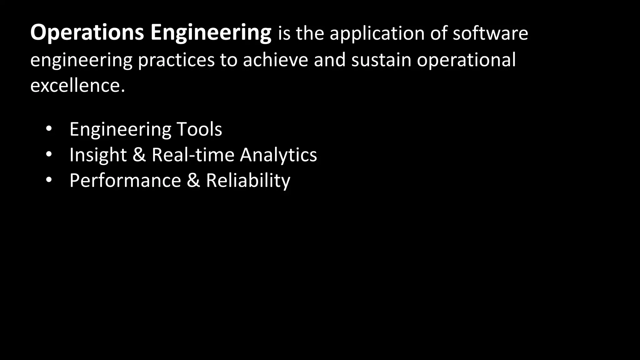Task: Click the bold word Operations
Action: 87,33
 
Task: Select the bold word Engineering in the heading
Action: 211,33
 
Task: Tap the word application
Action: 377,33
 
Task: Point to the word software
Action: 490,33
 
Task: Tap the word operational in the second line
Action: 466,60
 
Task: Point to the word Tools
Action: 199,129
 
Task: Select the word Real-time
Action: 193,155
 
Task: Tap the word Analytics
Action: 278,155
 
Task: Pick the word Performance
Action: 125,181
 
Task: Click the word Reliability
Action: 248,181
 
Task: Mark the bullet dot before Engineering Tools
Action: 48,129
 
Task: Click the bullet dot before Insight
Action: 48,155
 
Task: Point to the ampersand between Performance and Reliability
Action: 193,181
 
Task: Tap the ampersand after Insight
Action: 139,155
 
